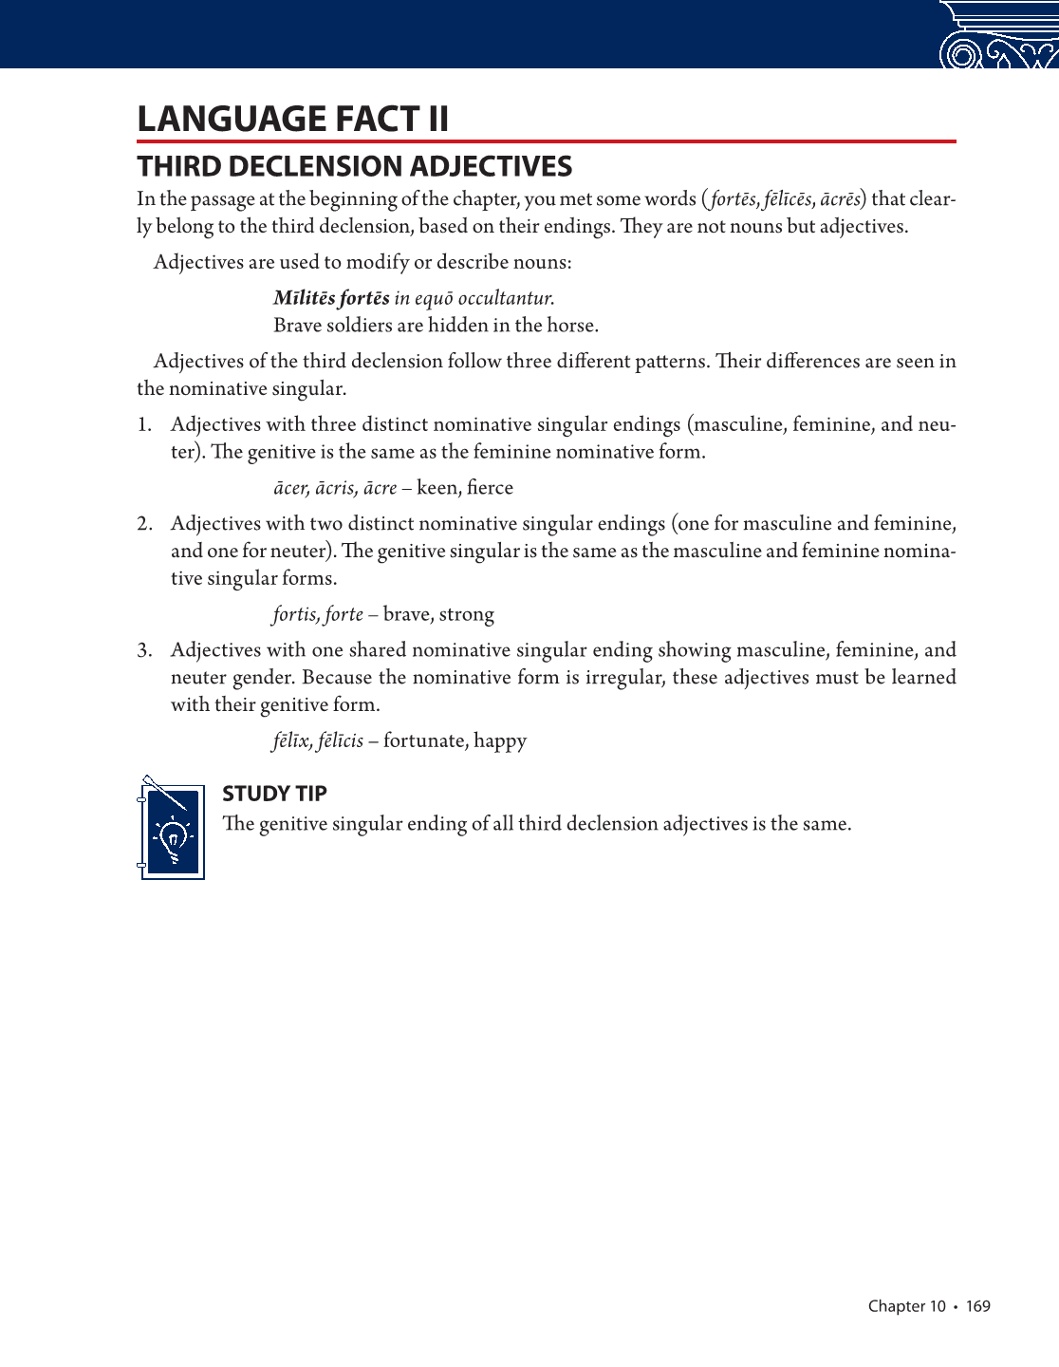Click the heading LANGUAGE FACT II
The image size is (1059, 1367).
coord(292,120)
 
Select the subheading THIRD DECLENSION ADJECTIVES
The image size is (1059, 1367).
coord(354,167)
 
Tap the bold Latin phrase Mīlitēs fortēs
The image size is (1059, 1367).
coord(331,298)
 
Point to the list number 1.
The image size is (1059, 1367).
coord(143,424)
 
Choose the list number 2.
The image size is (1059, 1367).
coord(143,524)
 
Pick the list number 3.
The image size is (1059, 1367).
coord(143,650)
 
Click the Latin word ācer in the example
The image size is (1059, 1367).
coord(290,489)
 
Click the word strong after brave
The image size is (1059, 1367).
coord(466,615)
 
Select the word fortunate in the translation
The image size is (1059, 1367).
coord(425,741)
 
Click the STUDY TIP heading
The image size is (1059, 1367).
coord(274,794)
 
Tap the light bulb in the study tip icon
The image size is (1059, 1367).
coord(173,836)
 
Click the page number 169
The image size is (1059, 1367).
coord(977,1306)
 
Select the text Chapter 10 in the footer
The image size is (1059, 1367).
coord(906,1306)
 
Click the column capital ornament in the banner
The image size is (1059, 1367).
coord(998,38)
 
